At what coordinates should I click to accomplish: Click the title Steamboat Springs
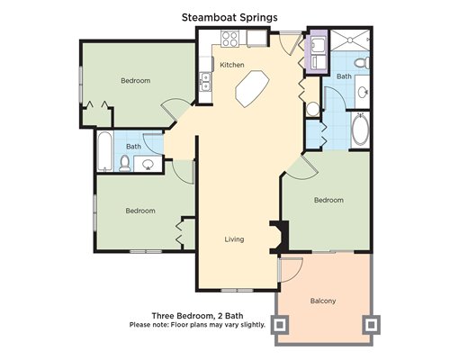(229, 17)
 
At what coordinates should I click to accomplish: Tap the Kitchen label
(232, 65)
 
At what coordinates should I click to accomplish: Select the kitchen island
(252, 88)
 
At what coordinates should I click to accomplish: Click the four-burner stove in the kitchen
(229, 39)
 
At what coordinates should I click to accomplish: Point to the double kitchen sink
(206, 82)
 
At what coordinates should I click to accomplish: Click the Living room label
(234, 239)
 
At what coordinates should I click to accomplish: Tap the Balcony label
(323, 301)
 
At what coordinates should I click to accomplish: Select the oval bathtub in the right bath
(361, 130)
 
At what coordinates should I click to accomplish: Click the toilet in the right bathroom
(362, 63)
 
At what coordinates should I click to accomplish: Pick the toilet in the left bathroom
(124, 164)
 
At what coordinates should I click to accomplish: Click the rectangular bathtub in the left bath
(105, 151)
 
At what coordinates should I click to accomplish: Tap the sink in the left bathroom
(148, 164)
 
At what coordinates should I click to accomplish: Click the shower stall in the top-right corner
(350, 40)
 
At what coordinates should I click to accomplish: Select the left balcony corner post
(280, 325)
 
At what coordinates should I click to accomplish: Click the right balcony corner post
(372, 325)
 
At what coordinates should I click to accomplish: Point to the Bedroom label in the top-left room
(136, 81)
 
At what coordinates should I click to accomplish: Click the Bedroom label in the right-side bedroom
(328, 200)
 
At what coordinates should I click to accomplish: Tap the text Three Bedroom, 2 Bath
(197, 316)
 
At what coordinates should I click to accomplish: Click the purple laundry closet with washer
(317, 52)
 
